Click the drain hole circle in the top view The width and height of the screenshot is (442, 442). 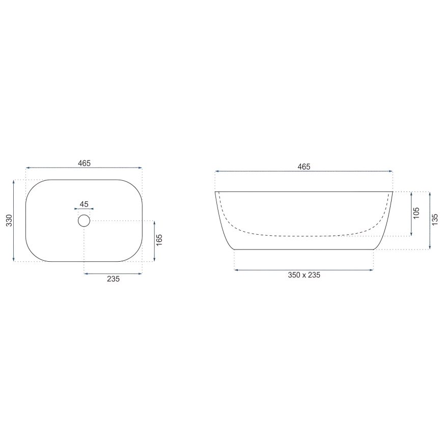(84, 220)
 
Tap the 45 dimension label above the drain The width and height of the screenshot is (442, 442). (84, 204)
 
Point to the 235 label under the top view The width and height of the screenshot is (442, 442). (113, 280)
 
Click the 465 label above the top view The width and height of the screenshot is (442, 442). (84, 163)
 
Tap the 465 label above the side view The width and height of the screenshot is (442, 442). (304, 167)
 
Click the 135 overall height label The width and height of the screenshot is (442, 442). (434, 219)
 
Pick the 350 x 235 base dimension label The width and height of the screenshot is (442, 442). (304, 275)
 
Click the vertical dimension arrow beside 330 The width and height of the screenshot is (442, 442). (14, 220)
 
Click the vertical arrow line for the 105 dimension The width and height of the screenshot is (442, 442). (411, 214)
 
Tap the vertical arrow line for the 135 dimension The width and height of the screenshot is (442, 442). (428, 220)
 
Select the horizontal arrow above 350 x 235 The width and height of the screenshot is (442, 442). (304, 270)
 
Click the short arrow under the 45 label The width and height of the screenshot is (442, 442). (84, 209)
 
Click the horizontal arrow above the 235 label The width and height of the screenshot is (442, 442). (113, 273)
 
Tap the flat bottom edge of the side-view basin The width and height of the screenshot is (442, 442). (304, 250)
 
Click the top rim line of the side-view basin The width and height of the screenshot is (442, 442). (304, 191)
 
